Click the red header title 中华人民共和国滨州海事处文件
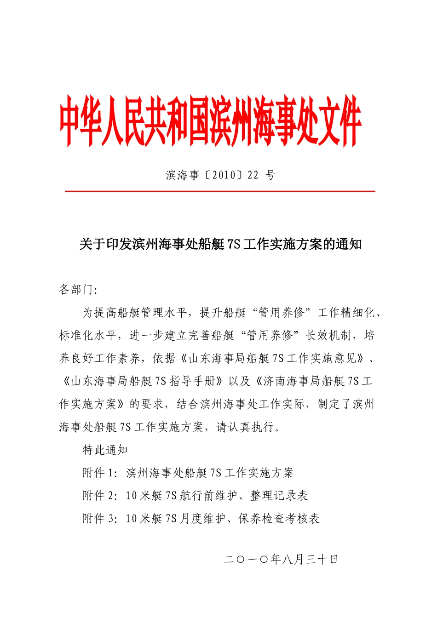tap(210, 121)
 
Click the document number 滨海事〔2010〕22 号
tap(220, 175)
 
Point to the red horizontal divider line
tap(220, 191)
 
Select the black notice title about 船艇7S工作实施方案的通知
tap(220, 244)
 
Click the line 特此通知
tap(105, 450)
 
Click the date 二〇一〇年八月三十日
tap(281, 559)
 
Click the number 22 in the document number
tap(253, 175)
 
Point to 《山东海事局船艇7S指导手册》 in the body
tap(143, 381)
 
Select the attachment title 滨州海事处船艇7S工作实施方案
tap(209, 473)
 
